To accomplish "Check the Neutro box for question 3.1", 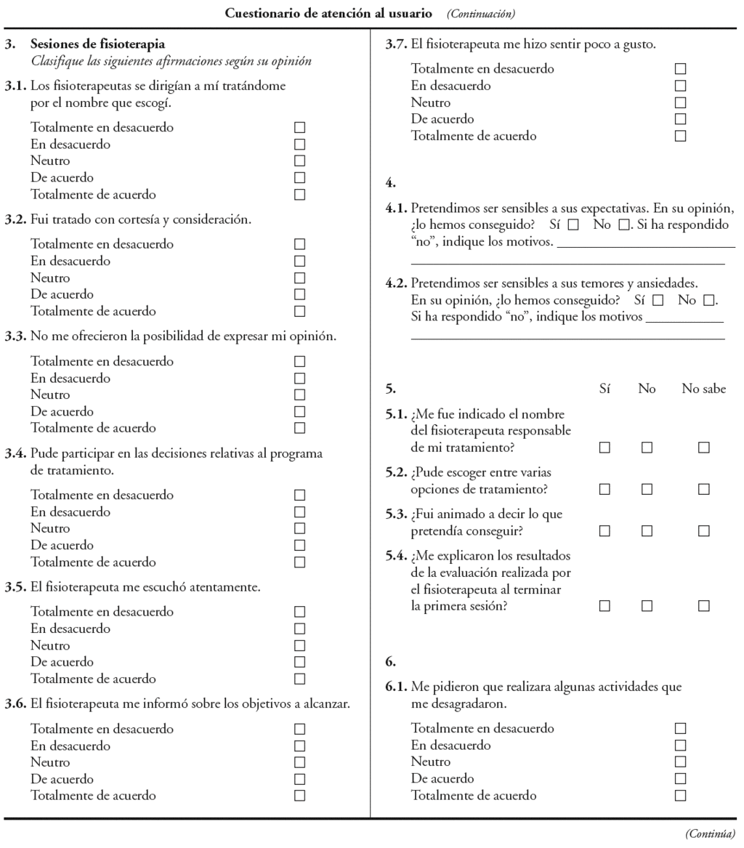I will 299,161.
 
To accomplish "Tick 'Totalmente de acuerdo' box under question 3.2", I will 299,311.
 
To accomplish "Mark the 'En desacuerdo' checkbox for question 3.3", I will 299,378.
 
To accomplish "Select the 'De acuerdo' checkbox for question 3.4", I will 299,545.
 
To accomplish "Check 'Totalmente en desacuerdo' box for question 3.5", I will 299,612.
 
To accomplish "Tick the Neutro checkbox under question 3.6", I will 299,762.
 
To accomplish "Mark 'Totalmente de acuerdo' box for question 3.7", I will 680,136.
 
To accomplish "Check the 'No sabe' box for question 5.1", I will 703,448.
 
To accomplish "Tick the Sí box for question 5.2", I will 604,490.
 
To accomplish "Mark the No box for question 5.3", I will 647,531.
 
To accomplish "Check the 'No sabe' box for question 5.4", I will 703,606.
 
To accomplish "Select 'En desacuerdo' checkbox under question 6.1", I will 680,745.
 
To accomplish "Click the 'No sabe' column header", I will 703,389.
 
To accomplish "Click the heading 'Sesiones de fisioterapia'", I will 97,44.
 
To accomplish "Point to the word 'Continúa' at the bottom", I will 710,833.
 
